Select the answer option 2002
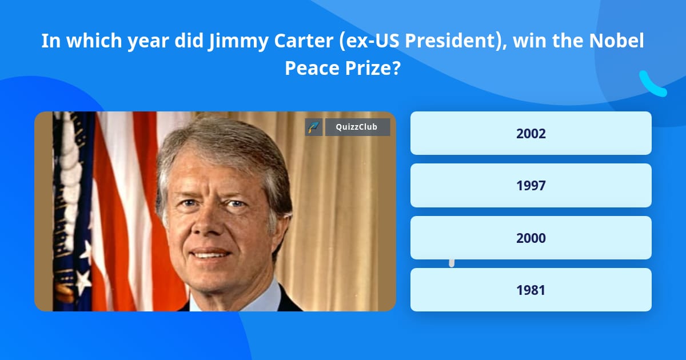pyautogui.click(x=531, y=133)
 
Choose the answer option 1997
pyautogui.click(x=531, y=185)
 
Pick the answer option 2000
pyautogui.click(x=531, y=238)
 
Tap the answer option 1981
pyautogui.click(x=531, y=290)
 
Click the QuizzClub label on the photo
pyautogui.click(x=357, y=127)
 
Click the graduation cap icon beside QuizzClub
pyautogui.click(x=314, y=127)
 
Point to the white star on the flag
pyautogui.click(x=84, y=280)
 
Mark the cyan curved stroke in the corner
pyautogui.click(x=652, y=85)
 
